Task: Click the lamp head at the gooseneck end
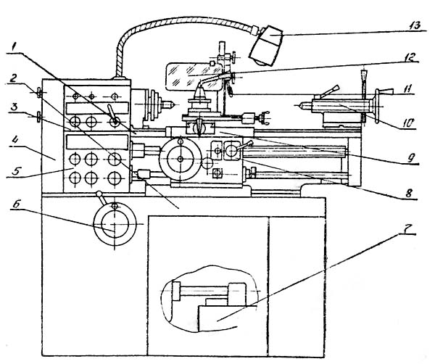coord(267,44)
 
